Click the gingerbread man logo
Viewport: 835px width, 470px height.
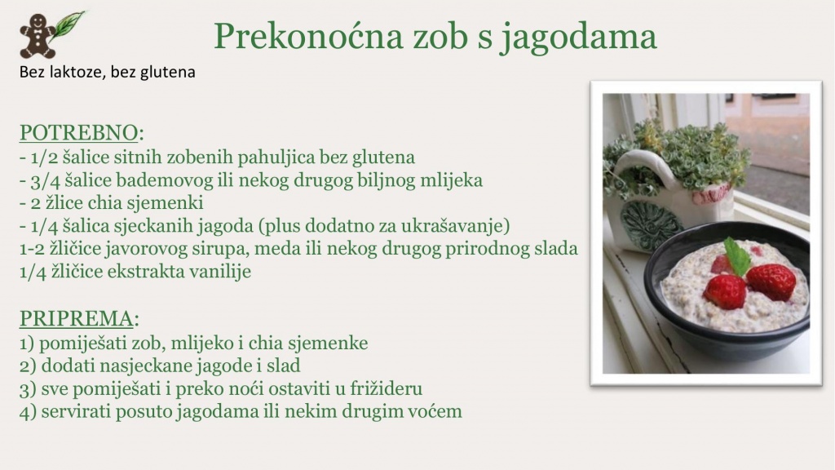pos(38,36)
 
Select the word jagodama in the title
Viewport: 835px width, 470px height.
pos(579,38)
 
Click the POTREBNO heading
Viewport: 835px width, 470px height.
pos(79,133)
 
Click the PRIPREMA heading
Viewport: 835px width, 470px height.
pos(76,319)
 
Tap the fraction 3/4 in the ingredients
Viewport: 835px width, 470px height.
pos(45,180)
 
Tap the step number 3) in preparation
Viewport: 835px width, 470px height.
pos(28,389)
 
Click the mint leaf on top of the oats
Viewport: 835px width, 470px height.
pos(738,256)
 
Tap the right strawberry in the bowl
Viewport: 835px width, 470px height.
pos(771,282)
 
